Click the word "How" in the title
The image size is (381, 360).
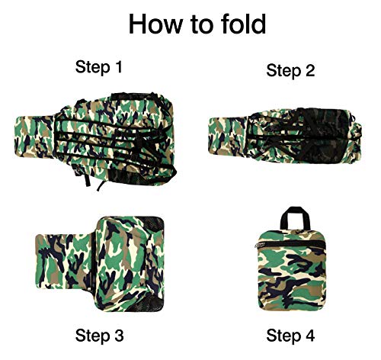[x=155, y=24]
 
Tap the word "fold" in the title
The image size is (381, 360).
[x=243, y=24]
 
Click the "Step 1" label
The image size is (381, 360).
[x=99, y=67]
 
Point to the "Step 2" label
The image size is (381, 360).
[x=290, y=70]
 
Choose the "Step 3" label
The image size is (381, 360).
[x=100, y=335]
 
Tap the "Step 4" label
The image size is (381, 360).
[x=290, y=335]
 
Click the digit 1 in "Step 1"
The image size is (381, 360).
[x=118, y=66]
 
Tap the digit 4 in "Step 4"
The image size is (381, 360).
[x=310, y=334]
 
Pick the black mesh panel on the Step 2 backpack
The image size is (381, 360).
[x=322, y=136]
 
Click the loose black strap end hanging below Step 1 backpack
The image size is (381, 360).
[x=101, y=185]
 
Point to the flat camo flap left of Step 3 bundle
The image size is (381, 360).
[x=63, y=262]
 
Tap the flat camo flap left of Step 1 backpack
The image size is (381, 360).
[x=35, y=137]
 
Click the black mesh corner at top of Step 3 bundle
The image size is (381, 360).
[x=154, y=223]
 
